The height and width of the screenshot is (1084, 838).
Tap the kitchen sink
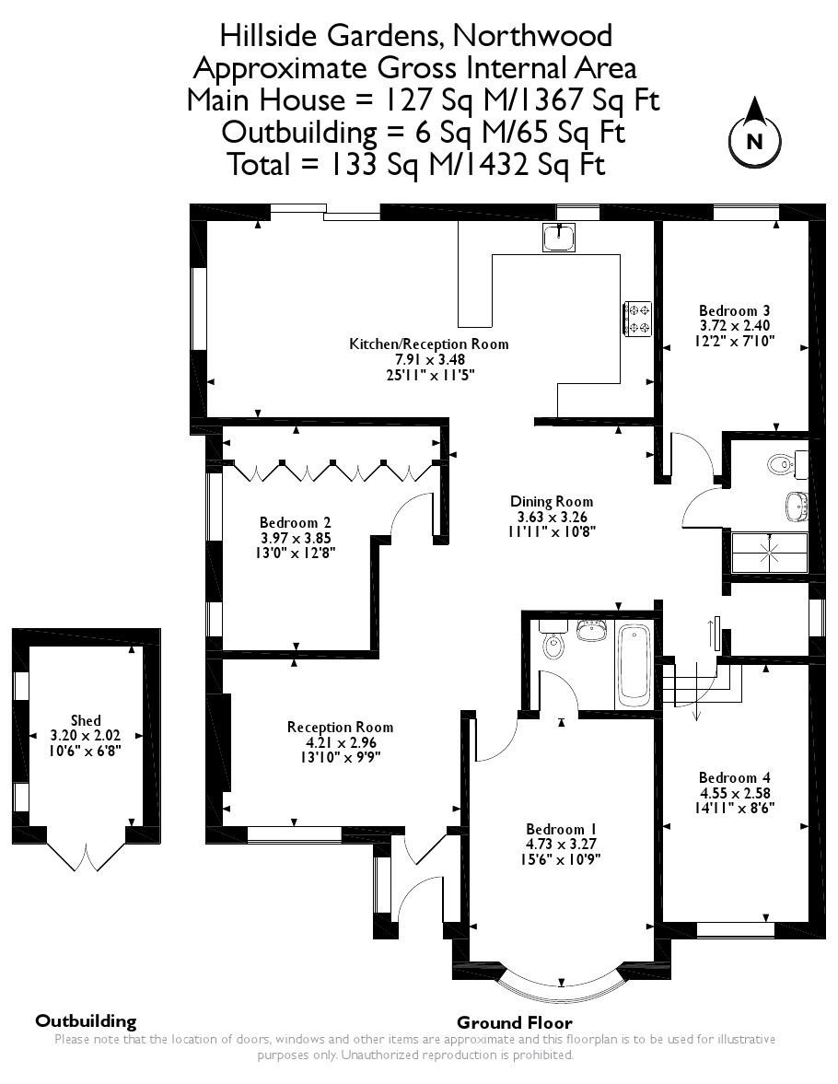pos(559,237)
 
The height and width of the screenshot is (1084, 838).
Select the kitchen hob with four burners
pos(637,318)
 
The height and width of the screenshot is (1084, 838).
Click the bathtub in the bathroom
pos(634,662)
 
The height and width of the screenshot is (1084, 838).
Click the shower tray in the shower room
pos(767,552)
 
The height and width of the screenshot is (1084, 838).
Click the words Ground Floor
pos(514,1022)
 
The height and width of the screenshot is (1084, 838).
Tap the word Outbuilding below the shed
pos(86,1020)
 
